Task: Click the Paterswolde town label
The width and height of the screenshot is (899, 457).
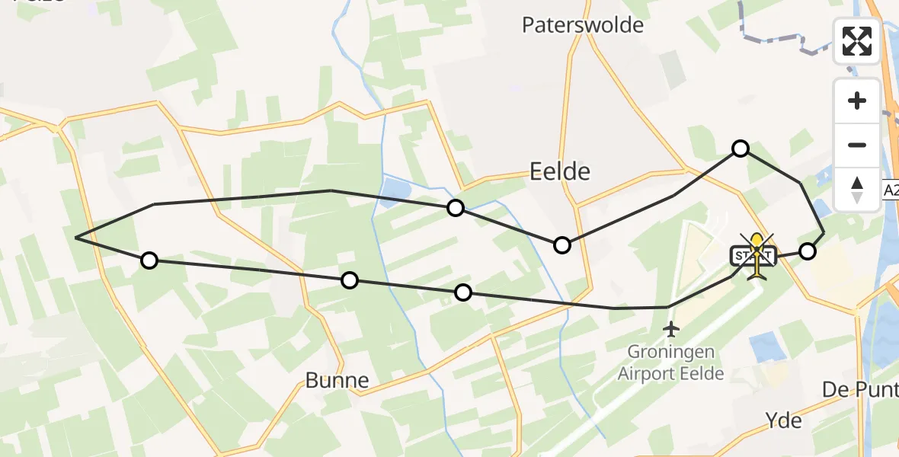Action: click(x=583, y=25)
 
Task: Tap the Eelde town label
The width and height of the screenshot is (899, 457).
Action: click(x=560, y=171)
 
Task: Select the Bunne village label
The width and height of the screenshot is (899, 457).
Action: click(x=337, y=380)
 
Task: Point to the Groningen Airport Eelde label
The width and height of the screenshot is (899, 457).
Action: click(x=671, y=363)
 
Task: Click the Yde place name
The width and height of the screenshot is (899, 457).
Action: click(x=785, y=420)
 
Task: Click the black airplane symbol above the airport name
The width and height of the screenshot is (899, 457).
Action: click(x=671, y=329)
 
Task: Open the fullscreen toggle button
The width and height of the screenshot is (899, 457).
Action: click(x=857, y=41)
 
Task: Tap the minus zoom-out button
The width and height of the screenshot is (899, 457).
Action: click(x=857, y=145)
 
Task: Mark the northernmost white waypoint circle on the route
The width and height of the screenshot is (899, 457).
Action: click(x=741, y=149)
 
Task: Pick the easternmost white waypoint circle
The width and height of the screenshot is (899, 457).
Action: click(x=808, y=251)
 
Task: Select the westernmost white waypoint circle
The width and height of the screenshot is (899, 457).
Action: click(x=149, y=260)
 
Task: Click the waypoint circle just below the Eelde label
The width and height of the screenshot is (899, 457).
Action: click(x=562, y=244)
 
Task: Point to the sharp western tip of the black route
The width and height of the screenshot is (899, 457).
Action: click(x=76, y=238)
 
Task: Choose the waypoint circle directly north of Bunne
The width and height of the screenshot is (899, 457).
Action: click(x=349, y=280)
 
